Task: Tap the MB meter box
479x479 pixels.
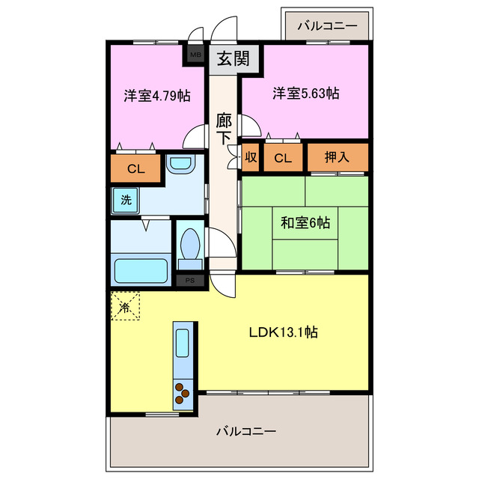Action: [x=195, y=55]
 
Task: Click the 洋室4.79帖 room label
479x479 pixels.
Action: [x=156, y=96]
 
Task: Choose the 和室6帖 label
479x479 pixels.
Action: [x=305, y=222]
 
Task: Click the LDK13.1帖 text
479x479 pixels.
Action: [x=283, y=332]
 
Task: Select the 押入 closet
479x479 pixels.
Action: [x=338, y=157]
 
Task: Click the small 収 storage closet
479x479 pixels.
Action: [x=251, y=157]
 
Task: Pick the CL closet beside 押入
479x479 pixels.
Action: [x=282, y=157]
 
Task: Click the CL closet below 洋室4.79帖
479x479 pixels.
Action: [x=135, y=168]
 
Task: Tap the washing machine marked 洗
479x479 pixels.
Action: [x=125, y=200]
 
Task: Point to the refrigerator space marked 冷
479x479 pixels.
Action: [x=125, y=306]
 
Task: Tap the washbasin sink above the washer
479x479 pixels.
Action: [x=179, y=165]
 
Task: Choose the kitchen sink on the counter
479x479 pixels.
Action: [x=184, y=343]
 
